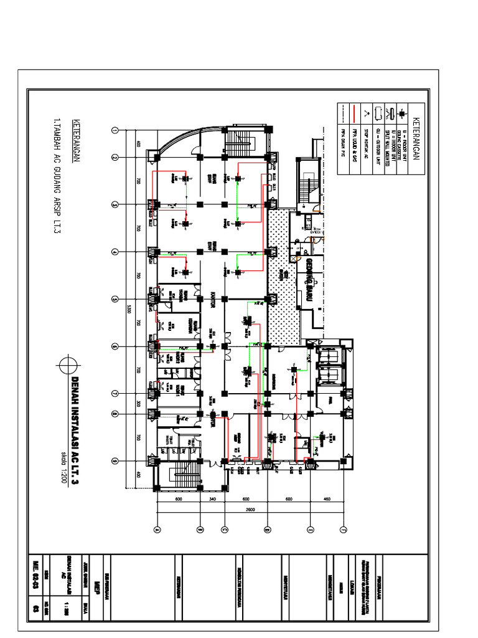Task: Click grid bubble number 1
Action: (115, 130)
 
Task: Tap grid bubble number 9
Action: (115, 461)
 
